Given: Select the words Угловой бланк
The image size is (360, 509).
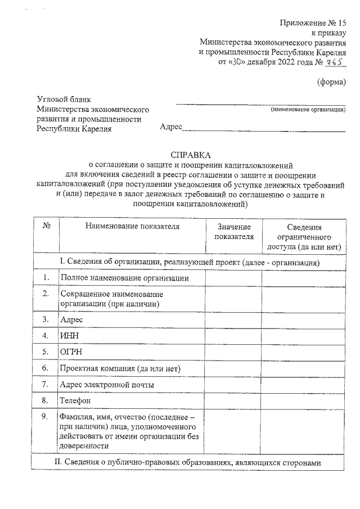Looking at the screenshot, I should pyautogui.click(x=63, y=99).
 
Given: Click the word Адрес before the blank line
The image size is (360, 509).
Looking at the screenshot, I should pyautogui.click(x=171, y=128).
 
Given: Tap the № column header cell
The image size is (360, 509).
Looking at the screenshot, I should pyautogui.click(x=47, y=227).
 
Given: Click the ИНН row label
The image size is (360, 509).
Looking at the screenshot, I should pyautogui.click(x=69, y=336).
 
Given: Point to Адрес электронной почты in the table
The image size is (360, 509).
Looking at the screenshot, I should pyautogui.click(x=107, y=384).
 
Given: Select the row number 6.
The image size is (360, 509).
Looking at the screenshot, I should pyautogui.click(x=46, y=368).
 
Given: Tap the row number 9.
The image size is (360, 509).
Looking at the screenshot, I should pyautogui.click(x=46, y=417).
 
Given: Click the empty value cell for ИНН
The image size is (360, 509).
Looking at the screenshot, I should pyautogui.click(x=233, y=336).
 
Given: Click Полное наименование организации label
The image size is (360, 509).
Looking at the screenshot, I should pyautogui.click(x=124, y=278).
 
